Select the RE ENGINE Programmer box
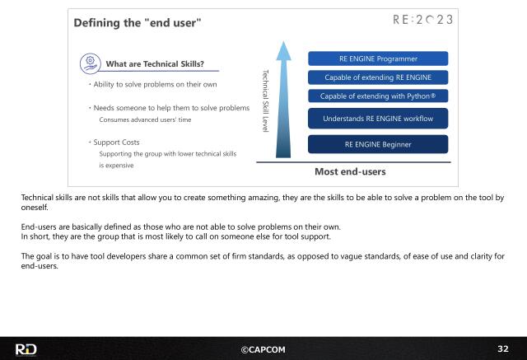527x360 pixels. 378,58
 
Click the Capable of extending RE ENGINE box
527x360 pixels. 378,77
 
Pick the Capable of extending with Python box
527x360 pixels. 378,96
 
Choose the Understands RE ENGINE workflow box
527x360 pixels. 378,119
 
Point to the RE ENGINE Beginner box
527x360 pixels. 378,144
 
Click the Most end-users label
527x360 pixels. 350,172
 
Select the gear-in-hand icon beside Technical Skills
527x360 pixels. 90,63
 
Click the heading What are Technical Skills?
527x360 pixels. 155,64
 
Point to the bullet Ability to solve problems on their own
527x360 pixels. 153,84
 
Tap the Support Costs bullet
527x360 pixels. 115,143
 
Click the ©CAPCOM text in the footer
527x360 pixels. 263,349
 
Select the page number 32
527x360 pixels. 503,348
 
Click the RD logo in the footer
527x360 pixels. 26,349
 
